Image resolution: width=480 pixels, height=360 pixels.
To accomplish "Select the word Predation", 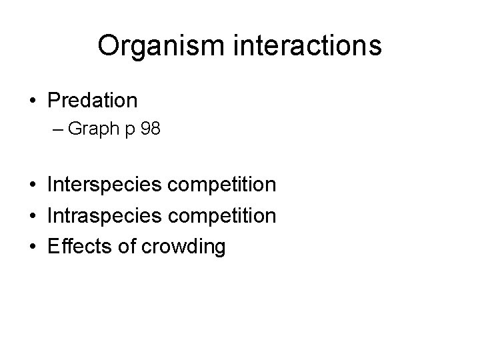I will tap(93, 101).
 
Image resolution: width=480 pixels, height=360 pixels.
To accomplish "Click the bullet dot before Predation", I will tap(33, 101).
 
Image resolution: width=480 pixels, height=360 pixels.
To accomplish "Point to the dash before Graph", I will tap(59, 129).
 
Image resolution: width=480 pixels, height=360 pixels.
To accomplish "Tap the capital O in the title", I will tap(108, 46).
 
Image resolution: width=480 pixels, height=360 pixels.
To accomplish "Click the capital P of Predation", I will tap(53, 101).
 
